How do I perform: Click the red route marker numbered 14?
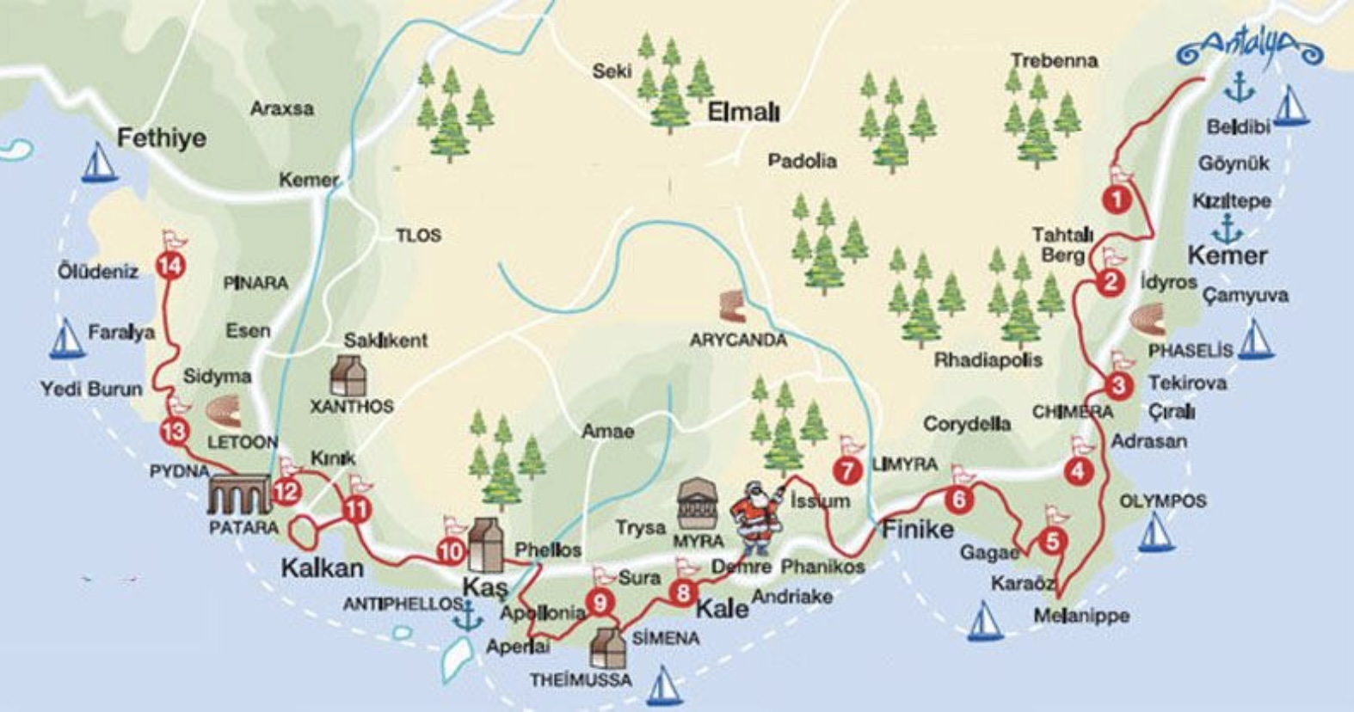click(x=170, y=267)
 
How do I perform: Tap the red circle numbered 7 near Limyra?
click(x=847, y=470)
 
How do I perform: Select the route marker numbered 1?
click(x=1117, y=200)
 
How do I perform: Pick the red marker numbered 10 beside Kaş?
click(x=450, y=551)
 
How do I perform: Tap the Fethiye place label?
click(x=162, y=138)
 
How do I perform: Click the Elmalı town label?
click(x=743, y=113)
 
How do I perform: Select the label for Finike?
click(x=917, y=529)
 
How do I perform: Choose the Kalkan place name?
click(x=323, y=568)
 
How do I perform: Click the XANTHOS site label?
click(x=352, y=406)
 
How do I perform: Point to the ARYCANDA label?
click(x=738, y=341)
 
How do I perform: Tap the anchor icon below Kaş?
click(x=468, y=616)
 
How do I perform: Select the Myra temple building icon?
click(x=699, y=504)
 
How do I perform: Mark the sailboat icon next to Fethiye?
click(x=99, y=163)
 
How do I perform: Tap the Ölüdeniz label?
click(x=98, y=272)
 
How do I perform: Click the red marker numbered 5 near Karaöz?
click(x=1051, y=542)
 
